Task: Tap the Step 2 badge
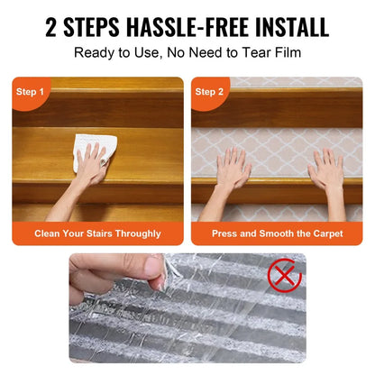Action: [209, 91]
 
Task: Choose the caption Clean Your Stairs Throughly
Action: [98, 233]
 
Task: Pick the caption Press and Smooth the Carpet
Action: [276, 233]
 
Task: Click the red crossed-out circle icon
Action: [285, 275]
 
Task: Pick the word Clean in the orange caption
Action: [50, 233]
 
